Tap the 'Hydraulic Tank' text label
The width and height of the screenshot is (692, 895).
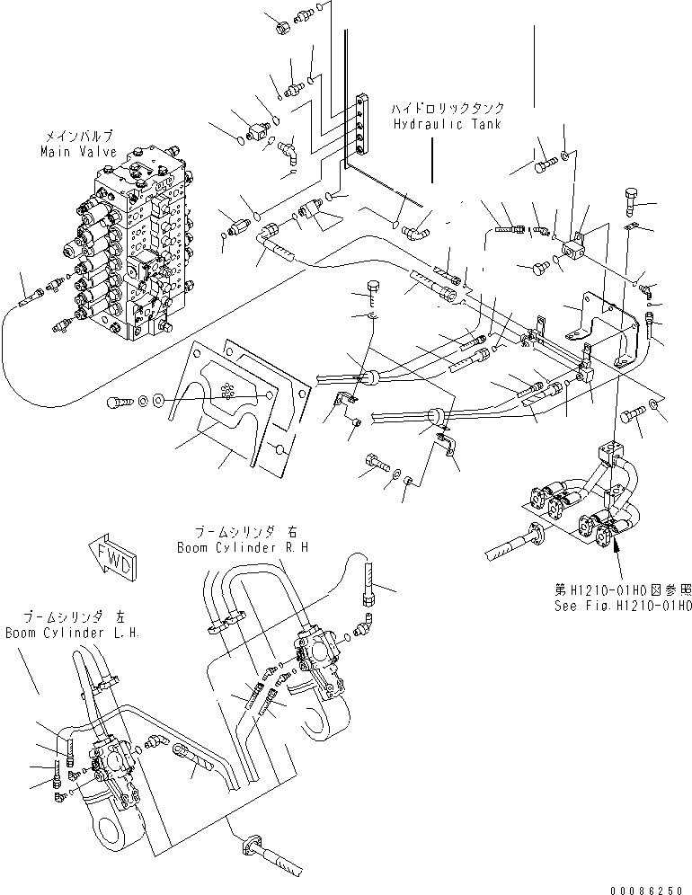coord(446,124)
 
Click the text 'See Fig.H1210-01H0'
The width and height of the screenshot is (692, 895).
coord(622,606)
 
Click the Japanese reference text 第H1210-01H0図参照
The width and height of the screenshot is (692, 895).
coord(622,590)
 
